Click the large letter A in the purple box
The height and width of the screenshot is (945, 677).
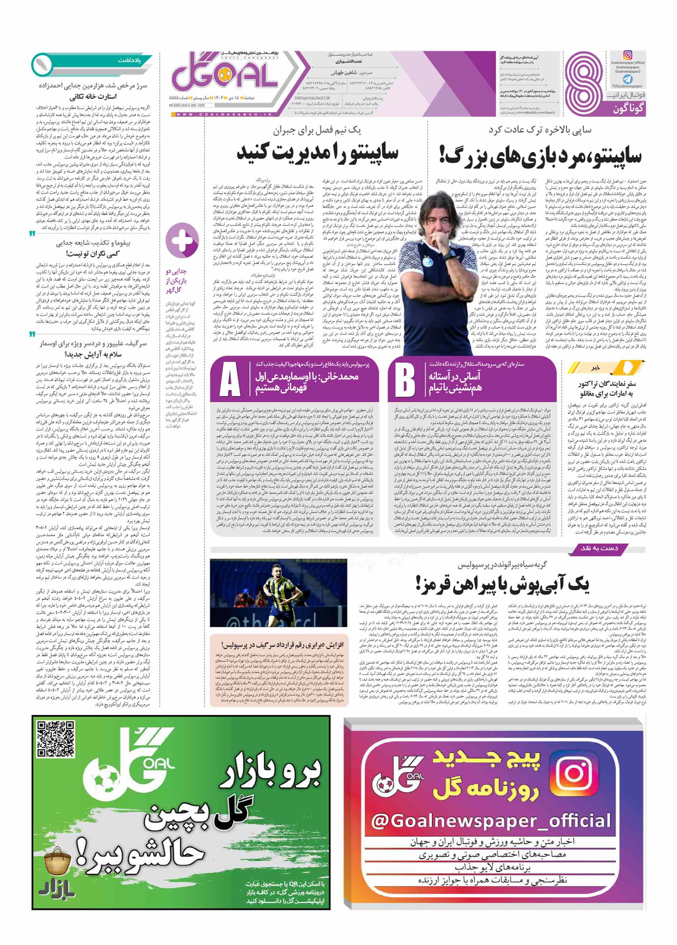pos(230,379)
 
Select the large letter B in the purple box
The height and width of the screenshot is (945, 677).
pos(405,379)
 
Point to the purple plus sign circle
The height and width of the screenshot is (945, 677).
pos(182,240)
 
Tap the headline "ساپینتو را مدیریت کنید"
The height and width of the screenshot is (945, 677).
pos(317,153)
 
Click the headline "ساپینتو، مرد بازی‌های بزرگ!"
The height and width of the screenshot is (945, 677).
pos(541,156)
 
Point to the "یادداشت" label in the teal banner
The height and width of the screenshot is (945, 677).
pos(129,61)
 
